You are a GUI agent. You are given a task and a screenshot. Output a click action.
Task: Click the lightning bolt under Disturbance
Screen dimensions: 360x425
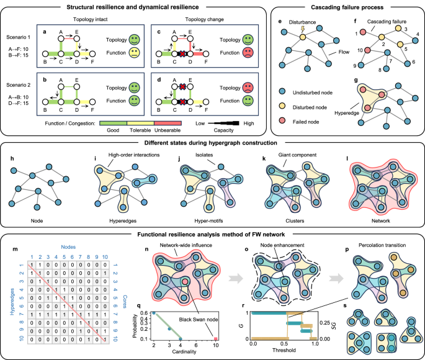pos(303,29)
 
